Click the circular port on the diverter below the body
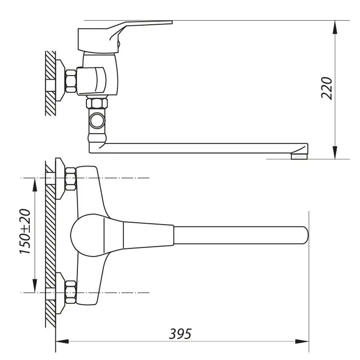97,120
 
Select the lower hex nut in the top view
71,292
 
